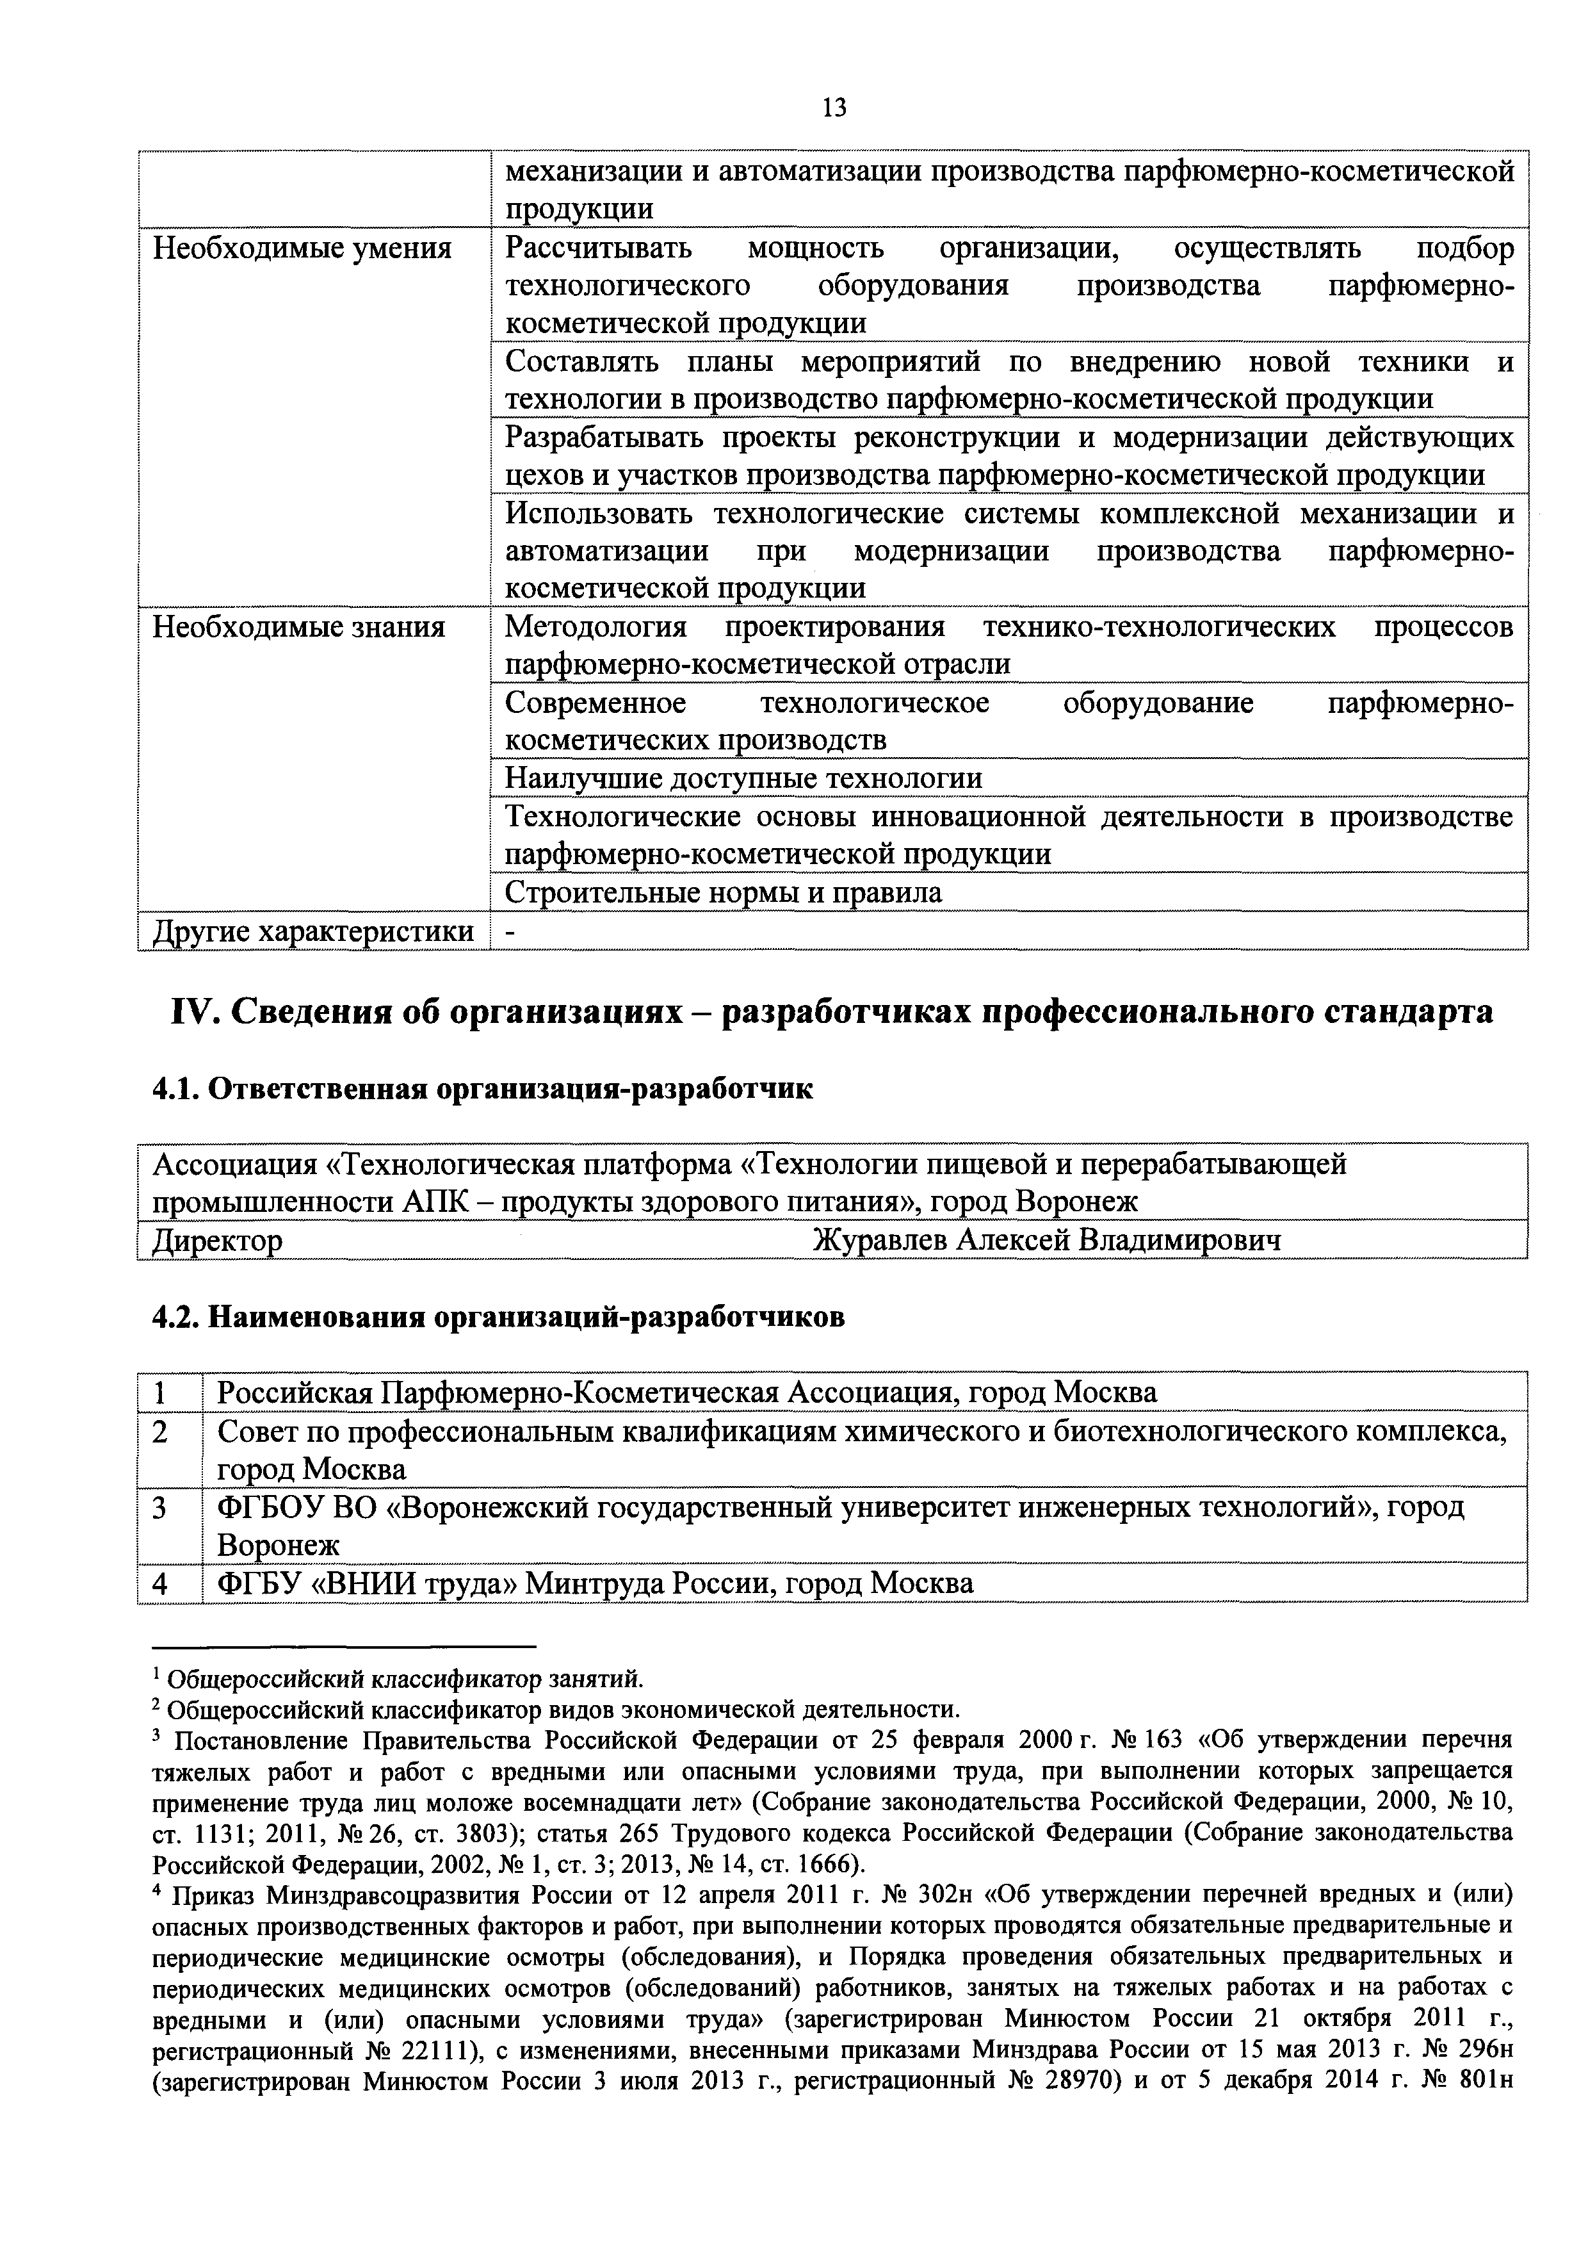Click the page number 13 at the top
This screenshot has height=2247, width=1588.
click(834, 108)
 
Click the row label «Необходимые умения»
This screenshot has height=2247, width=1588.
click(302, 249)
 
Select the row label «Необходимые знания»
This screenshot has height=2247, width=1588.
click(298, 626)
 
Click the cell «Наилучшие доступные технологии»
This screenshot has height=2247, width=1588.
click(743, 778)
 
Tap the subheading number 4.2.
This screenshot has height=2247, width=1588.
click(176, 1318)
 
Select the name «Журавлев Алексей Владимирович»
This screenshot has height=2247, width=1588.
click(1046, 1241)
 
